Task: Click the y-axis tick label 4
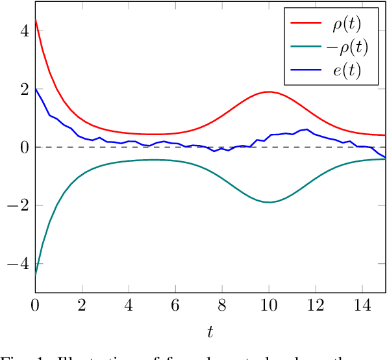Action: [x=24, y=31]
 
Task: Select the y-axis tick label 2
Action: [x=24, y=89]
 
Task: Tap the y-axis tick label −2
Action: [x=19, y=205]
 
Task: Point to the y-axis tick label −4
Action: [x=19, y=264]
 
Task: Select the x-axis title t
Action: [x=210, y=332]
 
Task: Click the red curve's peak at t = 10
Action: [x=269, y=92]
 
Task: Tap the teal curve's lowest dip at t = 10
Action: [x=269, y=203]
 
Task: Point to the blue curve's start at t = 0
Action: [x=36, y=88]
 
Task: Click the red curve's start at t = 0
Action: [x=36, y=19]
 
